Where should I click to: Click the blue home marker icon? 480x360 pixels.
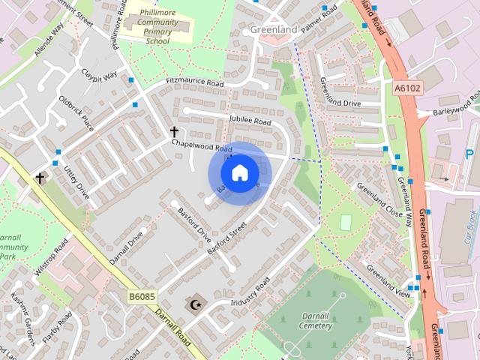click(x=238, y=173)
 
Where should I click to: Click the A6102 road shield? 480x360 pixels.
click(x=406, y=88)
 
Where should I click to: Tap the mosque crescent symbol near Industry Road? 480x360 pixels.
click(x=196, y=304)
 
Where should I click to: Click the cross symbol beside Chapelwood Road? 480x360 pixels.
click(x=175, y=131)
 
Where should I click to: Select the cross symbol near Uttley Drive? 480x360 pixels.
click(x=40, y=178)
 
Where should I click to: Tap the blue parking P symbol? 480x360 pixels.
click(x=469, y=154)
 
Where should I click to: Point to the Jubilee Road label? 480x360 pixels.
click(x=249, y=121)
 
